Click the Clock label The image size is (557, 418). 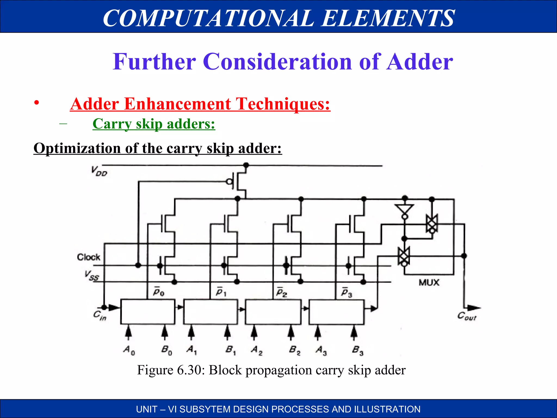(x=88, y=257)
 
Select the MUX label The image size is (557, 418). (x=429, y=283)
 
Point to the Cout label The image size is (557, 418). (x=467, y=316)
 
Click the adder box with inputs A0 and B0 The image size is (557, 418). (x=147, y=312)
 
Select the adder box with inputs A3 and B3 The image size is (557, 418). (x=336, y=312)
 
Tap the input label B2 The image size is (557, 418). (x=295, y=350)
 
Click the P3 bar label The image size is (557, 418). (x=346, y=293)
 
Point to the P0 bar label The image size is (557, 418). (x=159, y=292)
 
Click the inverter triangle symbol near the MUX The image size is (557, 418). (x=404, y=210)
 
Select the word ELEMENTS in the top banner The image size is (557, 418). (x=388, y=18)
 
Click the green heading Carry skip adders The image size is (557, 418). (x=154, y=124)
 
